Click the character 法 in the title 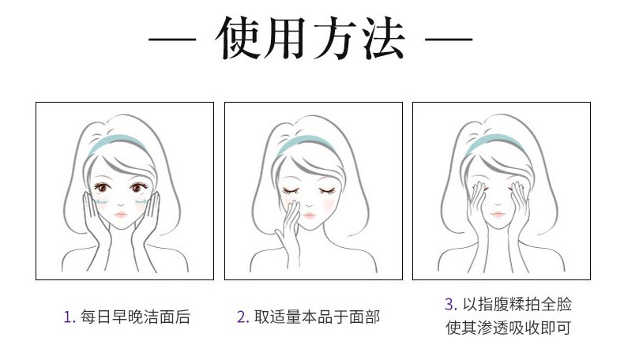(x=380, y=39)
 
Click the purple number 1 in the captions (x=68, y=317)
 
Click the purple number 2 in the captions (x=242, y=317)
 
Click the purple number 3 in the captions (x=450, y=305)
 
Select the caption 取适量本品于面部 (x=316, y=317)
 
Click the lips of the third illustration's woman (x=498, y=213)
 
